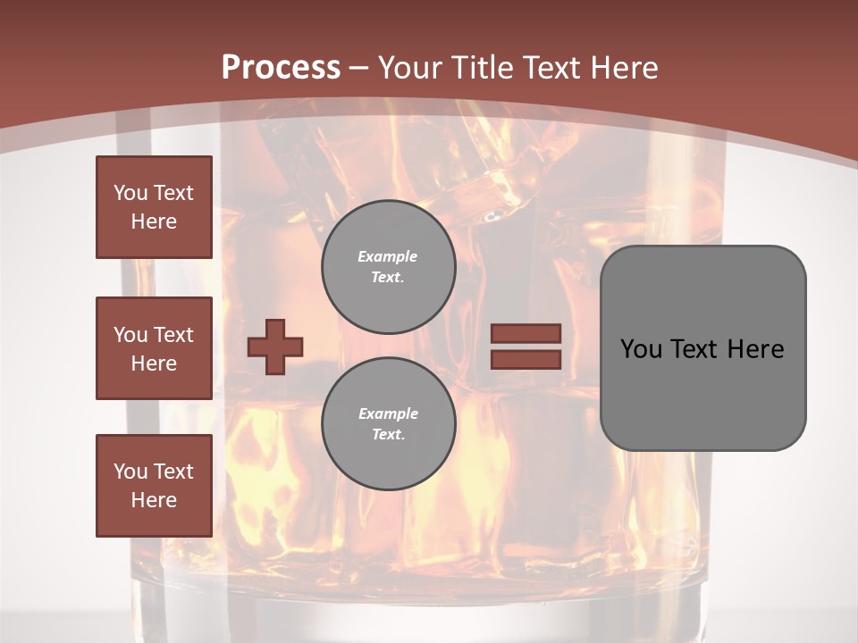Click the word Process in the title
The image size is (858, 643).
(x=281, y=68)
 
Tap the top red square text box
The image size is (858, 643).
(x=154, y=207)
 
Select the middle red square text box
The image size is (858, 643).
(x=154, y=348)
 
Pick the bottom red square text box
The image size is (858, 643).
(x=154, y=486)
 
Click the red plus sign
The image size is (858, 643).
(x=275, y=347)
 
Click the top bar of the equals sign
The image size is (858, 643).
(x=526, y=333)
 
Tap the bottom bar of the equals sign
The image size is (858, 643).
(x=526, y=359)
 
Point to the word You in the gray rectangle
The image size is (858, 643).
(x=641, y=349)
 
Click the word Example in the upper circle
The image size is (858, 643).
(x=388, y=256)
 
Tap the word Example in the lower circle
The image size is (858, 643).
(x=388, y=413)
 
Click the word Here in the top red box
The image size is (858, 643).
(x=154, y=221)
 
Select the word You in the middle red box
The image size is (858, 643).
(x=129, y=335)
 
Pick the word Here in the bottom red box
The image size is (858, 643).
(x=154, y=500)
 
